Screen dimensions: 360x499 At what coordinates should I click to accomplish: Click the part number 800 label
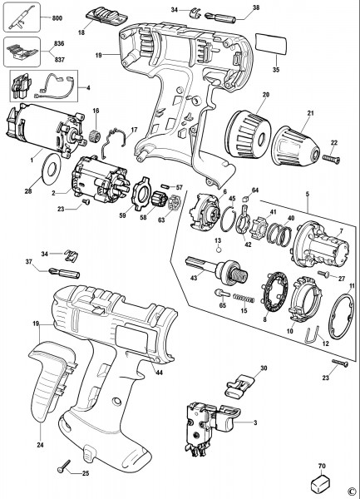(x=57, y=18)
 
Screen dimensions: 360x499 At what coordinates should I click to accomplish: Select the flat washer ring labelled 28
(x=51, y=168)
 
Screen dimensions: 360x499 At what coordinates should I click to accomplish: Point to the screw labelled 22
(x=332, y=158)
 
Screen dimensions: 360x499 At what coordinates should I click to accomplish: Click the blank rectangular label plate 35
(x=271, y=44)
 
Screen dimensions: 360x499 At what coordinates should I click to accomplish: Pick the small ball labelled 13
(x=218, y=249)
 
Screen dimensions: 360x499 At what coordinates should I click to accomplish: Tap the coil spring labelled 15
(x=244, y=299)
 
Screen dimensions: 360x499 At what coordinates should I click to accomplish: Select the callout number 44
(x=159, y=372)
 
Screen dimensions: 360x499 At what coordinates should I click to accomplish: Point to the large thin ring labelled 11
(x=341, y=317)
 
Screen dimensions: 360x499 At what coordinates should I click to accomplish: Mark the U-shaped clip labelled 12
(x=313, y=336)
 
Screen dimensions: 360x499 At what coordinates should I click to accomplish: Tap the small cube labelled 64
(x=246, y=199)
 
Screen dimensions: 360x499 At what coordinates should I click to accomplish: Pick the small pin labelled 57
(x=166, y=186)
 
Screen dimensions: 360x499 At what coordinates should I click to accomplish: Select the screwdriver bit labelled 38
(x=220, y=17)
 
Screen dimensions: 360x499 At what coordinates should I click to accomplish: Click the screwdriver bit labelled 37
(x=64, y=273)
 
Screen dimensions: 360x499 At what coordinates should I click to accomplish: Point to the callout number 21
(x=310, y=112)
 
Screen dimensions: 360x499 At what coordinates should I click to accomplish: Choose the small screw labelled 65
(x=222, y=294)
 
